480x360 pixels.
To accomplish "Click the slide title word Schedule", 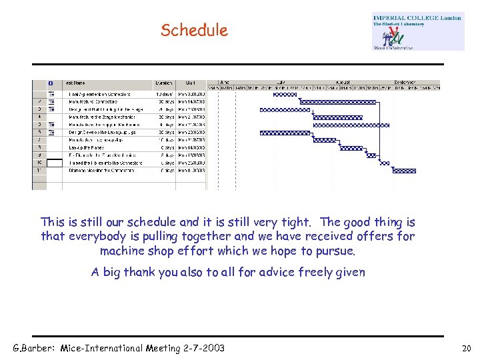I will tap(194, 30).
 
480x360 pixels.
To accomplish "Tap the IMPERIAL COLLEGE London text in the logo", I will tap(417, 18).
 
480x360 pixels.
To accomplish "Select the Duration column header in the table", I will tap(163, 83).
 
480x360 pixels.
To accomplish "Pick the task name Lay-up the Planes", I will tap(87, 147).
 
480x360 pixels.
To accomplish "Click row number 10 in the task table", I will tap(39, 162).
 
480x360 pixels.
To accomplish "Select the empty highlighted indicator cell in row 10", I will tap(52, 162).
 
